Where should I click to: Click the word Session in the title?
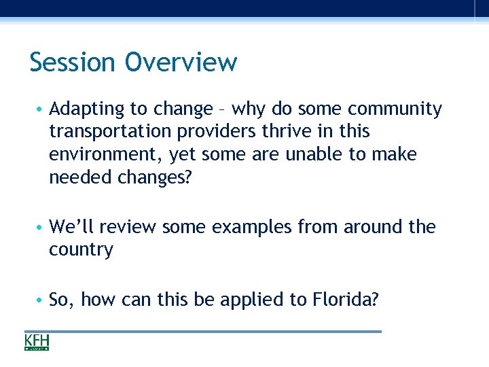72,63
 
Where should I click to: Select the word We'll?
72,226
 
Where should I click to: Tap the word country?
81,250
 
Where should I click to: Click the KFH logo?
37,343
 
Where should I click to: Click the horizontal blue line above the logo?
204,332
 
